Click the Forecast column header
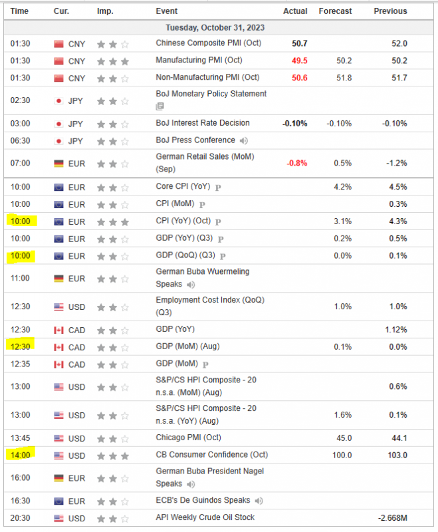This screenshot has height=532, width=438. tap(335, 11)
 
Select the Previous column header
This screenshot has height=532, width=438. tap(390, 11)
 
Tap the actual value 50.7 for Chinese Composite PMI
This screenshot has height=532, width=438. tap(298, 43)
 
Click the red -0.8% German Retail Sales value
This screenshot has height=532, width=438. tap(296, 164)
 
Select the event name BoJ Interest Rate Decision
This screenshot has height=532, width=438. tap(203, 123)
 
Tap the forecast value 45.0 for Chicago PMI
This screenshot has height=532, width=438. tap(343, 438)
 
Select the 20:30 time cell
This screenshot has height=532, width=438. tap(20, 517)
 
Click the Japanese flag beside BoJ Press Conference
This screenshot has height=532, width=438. tap(58, 140)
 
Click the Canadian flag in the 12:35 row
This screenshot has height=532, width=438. tap(58, 364)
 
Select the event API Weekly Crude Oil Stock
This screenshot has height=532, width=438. tap(205, 517)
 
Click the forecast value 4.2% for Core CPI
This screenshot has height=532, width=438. tap(342, 188)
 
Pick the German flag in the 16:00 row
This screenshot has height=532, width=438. tap(58, 478)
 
